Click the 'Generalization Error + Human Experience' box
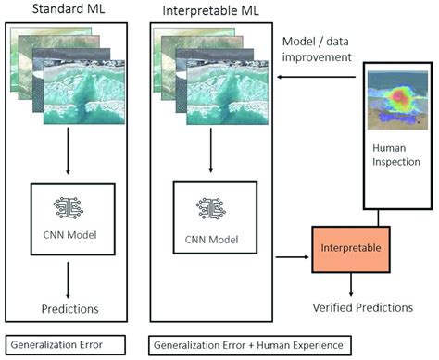(245, 344)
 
